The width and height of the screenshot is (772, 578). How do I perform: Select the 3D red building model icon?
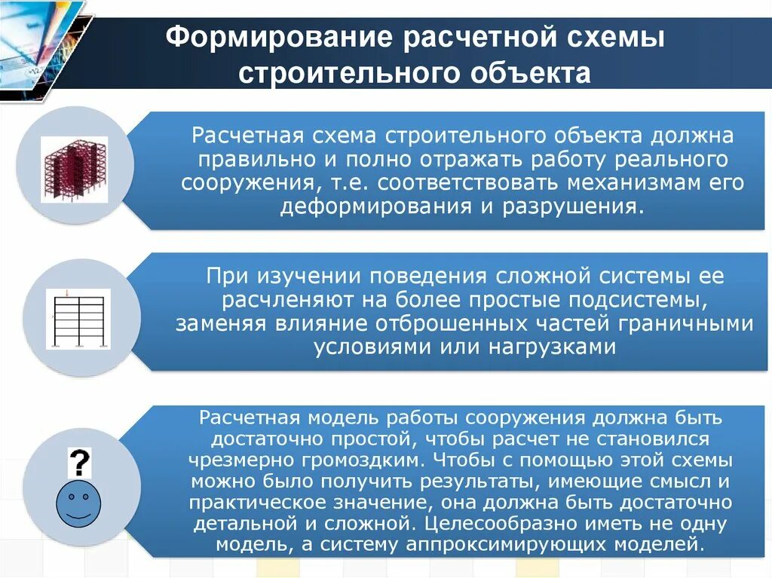point(74,169)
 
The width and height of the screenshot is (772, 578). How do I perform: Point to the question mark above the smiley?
point(79,462)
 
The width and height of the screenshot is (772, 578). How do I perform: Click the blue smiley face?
point(79,503)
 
